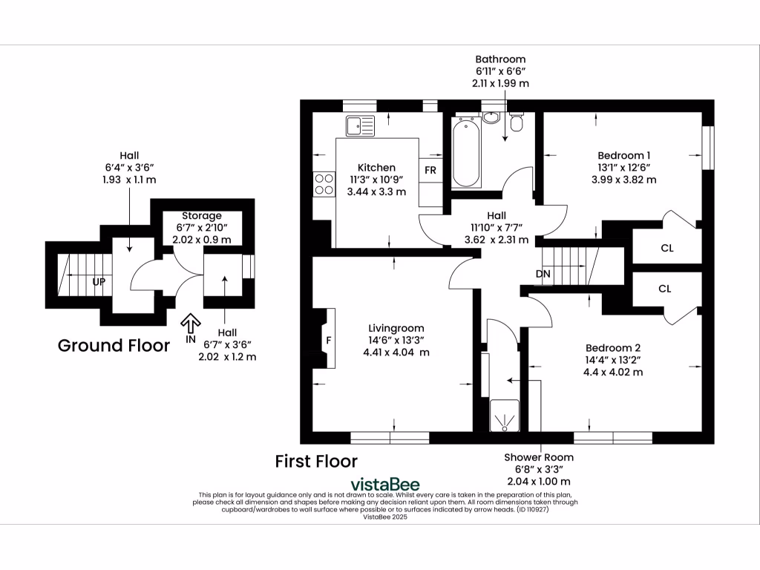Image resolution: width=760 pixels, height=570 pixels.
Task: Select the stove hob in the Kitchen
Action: (x=324, y=183)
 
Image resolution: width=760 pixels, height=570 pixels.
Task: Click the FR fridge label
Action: (x=430, y=169)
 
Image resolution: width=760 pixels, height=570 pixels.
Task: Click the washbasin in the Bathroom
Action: (x=491, y=118)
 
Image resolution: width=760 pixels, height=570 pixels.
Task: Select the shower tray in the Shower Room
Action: (x=504, y=417)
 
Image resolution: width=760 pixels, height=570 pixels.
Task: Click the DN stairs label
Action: (x=543, y=275)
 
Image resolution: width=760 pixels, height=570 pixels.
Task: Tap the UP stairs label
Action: (x=99, y=283)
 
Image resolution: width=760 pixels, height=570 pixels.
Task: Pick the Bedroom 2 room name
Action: (x=612, y=347)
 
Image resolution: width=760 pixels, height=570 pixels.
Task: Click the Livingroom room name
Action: (x=396, y=328)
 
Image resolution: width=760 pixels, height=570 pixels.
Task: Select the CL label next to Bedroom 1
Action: (x=666, y=248)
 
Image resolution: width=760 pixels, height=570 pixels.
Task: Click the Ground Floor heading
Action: (x=114, y=345)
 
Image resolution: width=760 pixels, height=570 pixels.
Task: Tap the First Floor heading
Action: (x=316, y=461)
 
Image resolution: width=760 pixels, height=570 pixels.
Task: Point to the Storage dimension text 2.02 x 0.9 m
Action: (x=203, y=240)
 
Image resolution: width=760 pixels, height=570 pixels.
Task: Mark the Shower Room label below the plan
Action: (x=539, y=457)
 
